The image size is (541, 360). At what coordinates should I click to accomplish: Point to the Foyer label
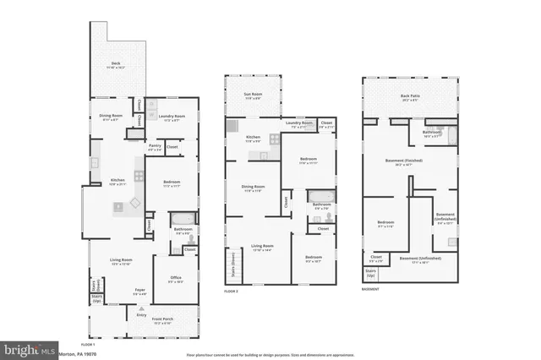(140, 292)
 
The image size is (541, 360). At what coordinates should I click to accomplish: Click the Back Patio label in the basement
(410, 97)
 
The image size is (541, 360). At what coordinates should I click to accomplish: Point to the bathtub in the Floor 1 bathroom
(183, 219)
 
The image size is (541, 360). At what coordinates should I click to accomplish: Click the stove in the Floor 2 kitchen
(273, 140)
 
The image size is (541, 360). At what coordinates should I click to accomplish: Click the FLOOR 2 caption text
(232, 290)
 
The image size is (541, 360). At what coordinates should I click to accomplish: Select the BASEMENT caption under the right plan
(370, 289)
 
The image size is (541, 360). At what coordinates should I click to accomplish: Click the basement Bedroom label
(385, 224)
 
